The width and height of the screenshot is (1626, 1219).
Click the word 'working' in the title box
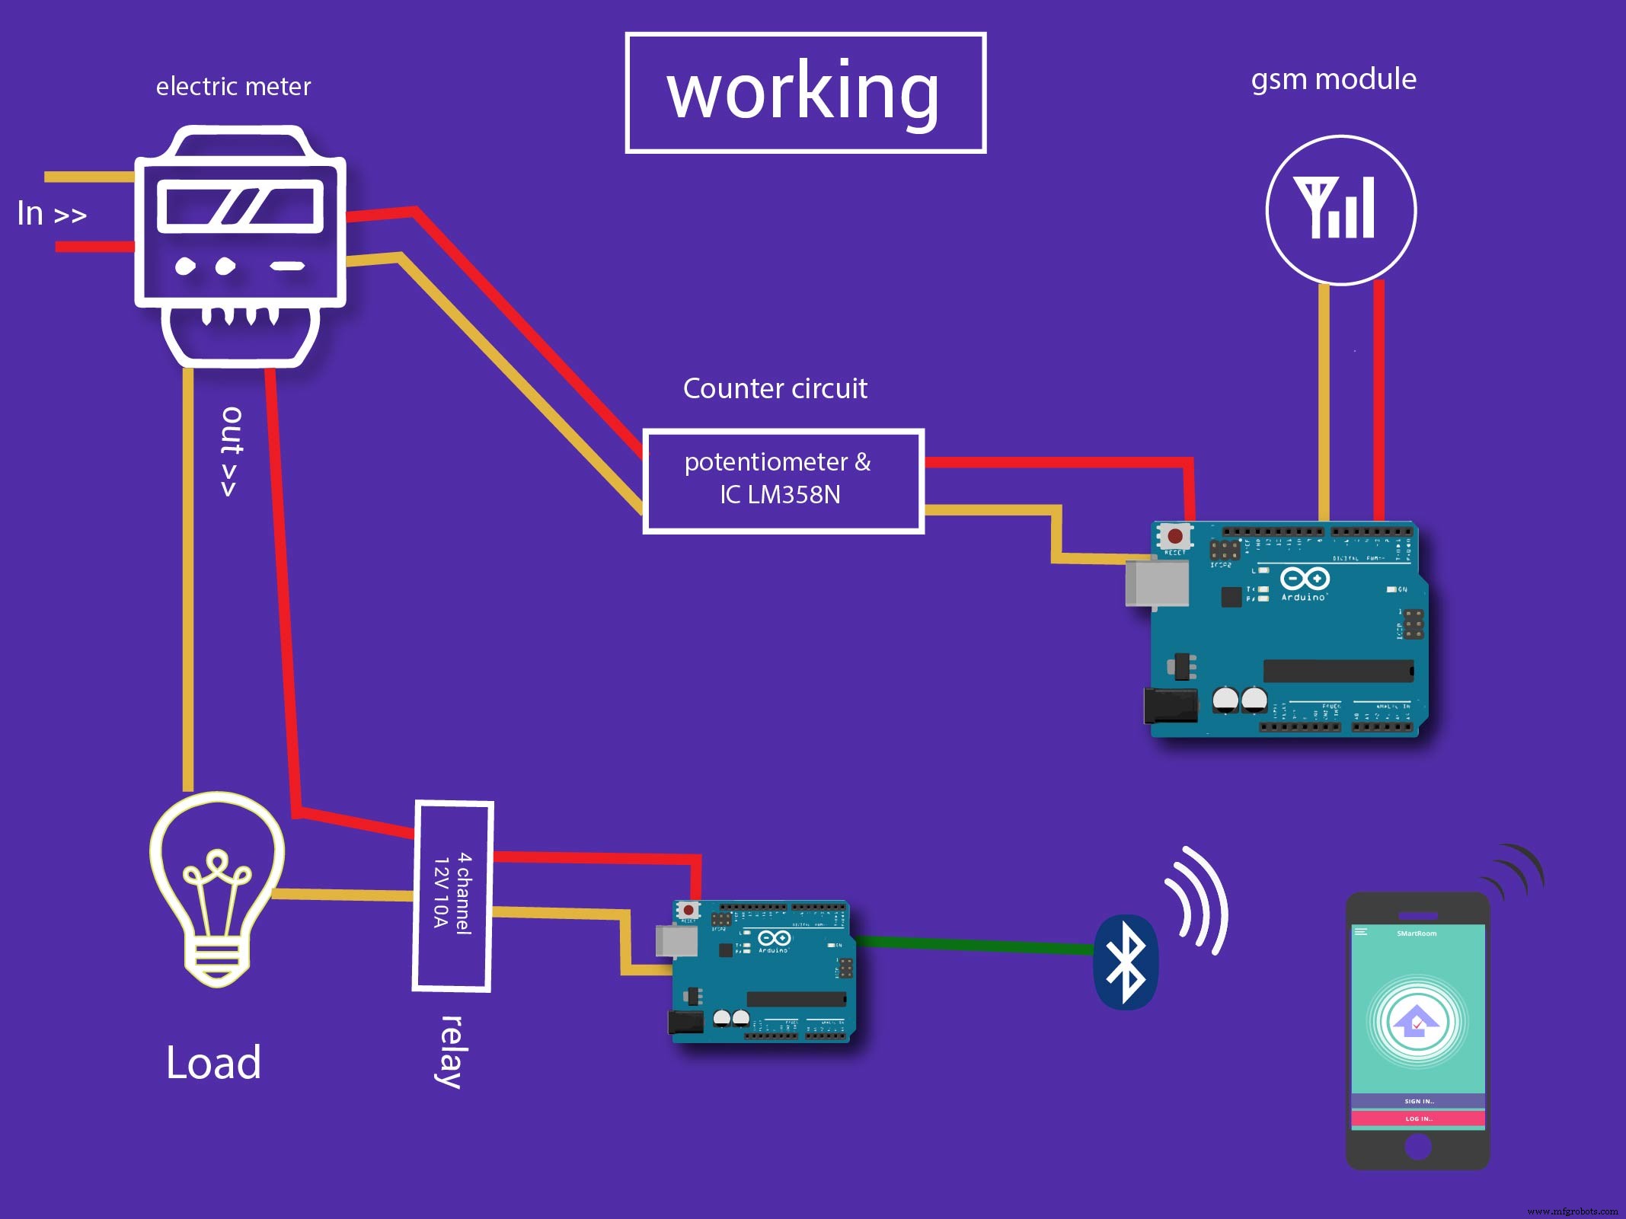[x=803, y=91]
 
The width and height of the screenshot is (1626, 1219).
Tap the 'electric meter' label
[x=233, y=87]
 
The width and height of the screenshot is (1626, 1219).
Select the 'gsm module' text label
[x=1333, y=79]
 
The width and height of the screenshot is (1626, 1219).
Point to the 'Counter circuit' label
[x=775, y=388]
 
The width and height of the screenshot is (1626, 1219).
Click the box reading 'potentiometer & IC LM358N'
[x=783, y=480]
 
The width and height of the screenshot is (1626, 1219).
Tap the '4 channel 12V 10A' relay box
[x=452, y=895]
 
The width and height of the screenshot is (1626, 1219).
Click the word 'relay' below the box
[x=452, y=1051]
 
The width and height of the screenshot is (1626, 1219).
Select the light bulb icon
[x=217, y=887]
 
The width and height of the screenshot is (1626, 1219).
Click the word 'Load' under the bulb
[x=213, y=1062]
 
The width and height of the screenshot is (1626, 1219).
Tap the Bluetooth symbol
[x=1126, y=962]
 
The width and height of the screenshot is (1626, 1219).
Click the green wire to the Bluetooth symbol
[x=975, y=945]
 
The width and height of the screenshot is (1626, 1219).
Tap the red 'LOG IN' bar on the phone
[x=1418, y=1118]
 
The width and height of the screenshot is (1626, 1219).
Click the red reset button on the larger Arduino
[x=1175, y=536]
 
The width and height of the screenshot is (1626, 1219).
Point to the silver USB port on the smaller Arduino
[x=676, y=941]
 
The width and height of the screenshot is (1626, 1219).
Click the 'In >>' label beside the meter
[x=52, y=214]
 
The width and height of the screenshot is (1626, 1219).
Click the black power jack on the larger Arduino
[x=1170, y=705]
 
